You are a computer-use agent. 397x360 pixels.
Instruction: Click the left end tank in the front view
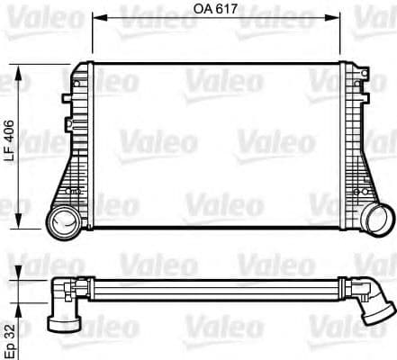(79, 144)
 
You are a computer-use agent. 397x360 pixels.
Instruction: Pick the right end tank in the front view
(360, 144)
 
